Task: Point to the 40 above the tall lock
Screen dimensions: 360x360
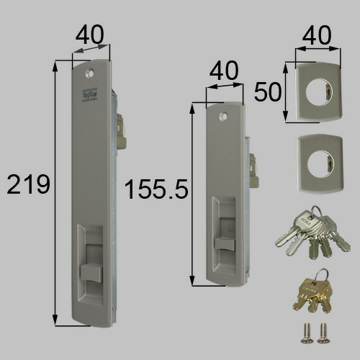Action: click(91, 34)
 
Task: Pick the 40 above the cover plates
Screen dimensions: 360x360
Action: click(318, 34)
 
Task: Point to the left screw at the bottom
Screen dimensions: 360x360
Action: click(304, 332)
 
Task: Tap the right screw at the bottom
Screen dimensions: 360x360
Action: click(322, 332)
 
